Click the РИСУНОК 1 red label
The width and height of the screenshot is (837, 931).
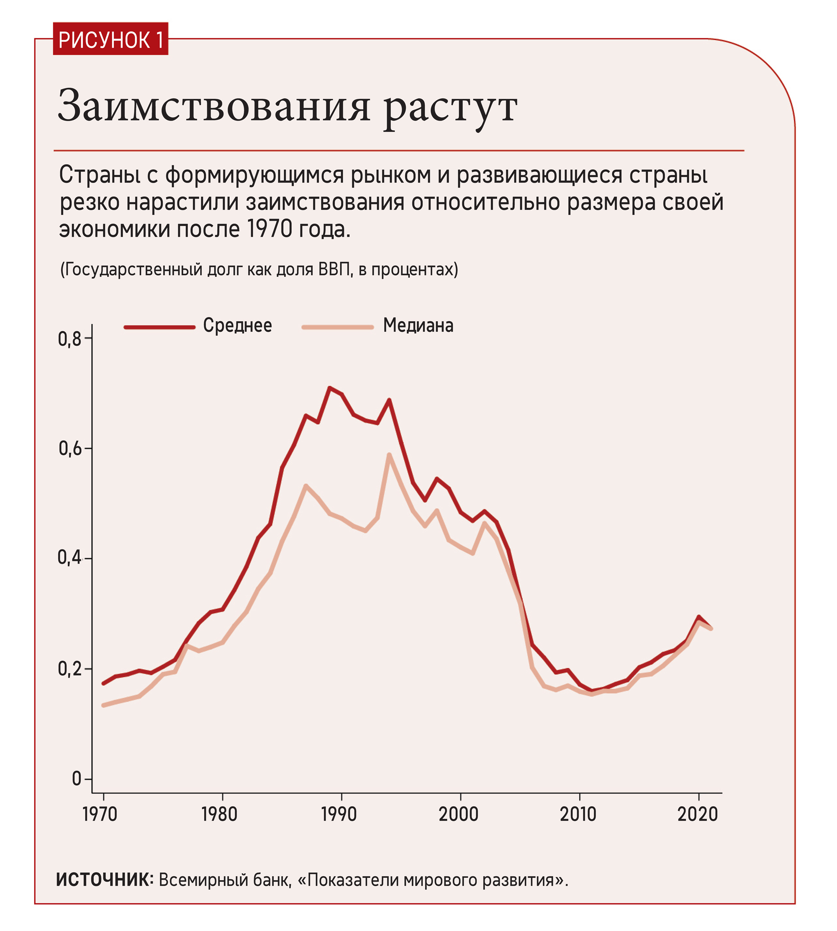click(x=110, y=40)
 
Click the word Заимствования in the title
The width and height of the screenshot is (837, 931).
click(x=214, y=107)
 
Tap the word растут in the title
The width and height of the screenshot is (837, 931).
click(x=451, y=108)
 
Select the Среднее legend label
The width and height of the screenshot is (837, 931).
click(x=237, y=325)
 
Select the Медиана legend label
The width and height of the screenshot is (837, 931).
click(x=418, y=325)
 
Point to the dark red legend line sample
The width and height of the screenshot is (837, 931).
click(x=159, y=327)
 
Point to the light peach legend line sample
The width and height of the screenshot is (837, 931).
click(x=338, y=327)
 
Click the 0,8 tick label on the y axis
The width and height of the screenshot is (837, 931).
click(x=69, y=339)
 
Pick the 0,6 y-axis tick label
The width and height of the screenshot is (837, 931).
click(x=69, y=449)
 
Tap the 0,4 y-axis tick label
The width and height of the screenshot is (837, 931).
click(x=69, y=558)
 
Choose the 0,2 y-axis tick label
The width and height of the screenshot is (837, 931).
click(x=69, y=669)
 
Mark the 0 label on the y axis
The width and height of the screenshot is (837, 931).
click(x=76, y=779)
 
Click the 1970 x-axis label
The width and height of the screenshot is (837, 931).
click(x=100, y=815)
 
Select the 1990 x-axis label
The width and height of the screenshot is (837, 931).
click(x=339, y=815)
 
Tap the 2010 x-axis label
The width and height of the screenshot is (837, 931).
click(x=578, y=815)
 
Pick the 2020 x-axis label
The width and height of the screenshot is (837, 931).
click(x=697, y=815)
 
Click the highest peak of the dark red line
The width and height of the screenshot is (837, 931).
click(x=329, y=387)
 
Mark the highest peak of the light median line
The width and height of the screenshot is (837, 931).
click(x=389, y=455)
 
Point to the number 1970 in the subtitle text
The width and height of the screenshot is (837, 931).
click(x=270, y=229)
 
